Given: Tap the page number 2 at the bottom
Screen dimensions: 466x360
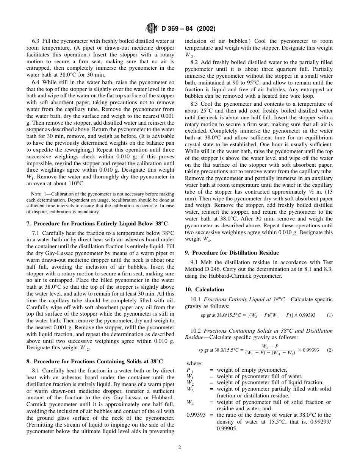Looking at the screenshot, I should click(x=180, y=447).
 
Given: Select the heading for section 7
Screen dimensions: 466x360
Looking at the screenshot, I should click(x=97, y=224).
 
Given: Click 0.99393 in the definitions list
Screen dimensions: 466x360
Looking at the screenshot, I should click(x=195, y=415).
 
